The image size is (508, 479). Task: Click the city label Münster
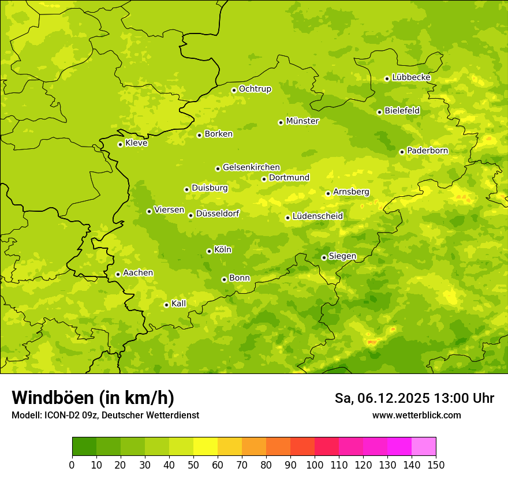coord(302,121)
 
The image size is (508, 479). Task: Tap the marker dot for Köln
coord(209,251)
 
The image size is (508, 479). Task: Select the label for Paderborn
coord(428,151)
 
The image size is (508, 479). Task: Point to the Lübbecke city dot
coord(387,78)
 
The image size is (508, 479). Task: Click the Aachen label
coord(138,273)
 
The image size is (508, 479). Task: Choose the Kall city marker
coord(166,305)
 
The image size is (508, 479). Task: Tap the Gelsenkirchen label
coord(251,167)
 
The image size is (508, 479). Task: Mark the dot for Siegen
coord(324,257)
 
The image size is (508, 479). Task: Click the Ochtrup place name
coord(255,89)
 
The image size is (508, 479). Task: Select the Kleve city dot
coord(120,144)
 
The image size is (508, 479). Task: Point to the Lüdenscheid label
coord(317,216)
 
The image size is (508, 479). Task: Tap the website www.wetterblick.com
coord(416,415)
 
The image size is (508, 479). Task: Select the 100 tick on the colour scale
coord(315,465)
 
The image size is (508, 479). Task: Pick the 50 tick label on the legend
coord(193,465)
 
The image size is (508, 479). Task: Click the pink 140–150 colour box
coord(424,447)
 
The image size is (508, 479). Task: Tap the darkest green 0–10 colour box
coord(84,447)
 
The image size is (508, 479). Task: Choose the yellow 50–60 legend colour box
coord(206,447)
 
